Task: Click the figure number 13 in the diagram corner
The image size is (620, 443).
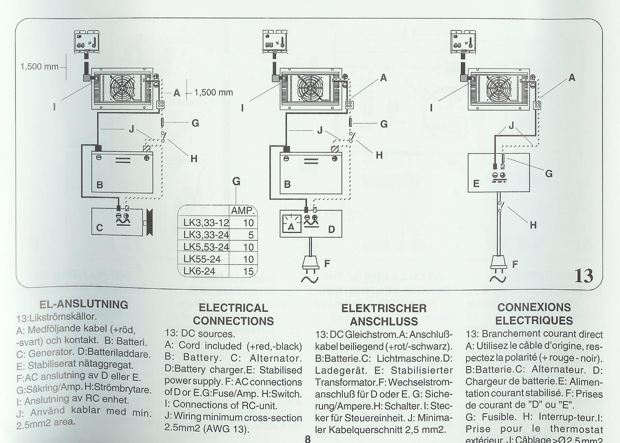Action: click(584, 275)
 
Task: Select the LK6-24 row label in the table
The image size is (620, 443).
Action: click(199, 271)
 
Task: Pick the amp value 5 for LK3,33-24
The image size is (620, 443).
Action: click(251, 235)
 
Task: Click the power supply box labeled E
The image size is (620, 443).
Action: click(499, 173)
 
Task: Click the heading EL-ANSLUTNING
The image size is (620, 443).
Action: click(84, 304)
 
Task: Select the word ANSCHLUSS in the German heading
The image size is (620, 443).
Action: click(384, 321)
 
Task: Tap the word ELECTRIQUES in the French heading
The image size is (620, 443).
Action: click(534, 320)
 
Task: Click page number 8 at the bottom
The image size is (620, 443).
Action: click(307, 439)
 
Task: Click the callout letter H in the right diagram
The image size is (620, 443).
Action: click(533, 225)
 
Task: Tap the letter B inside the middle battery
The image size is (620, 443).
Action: click(288, 184)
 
